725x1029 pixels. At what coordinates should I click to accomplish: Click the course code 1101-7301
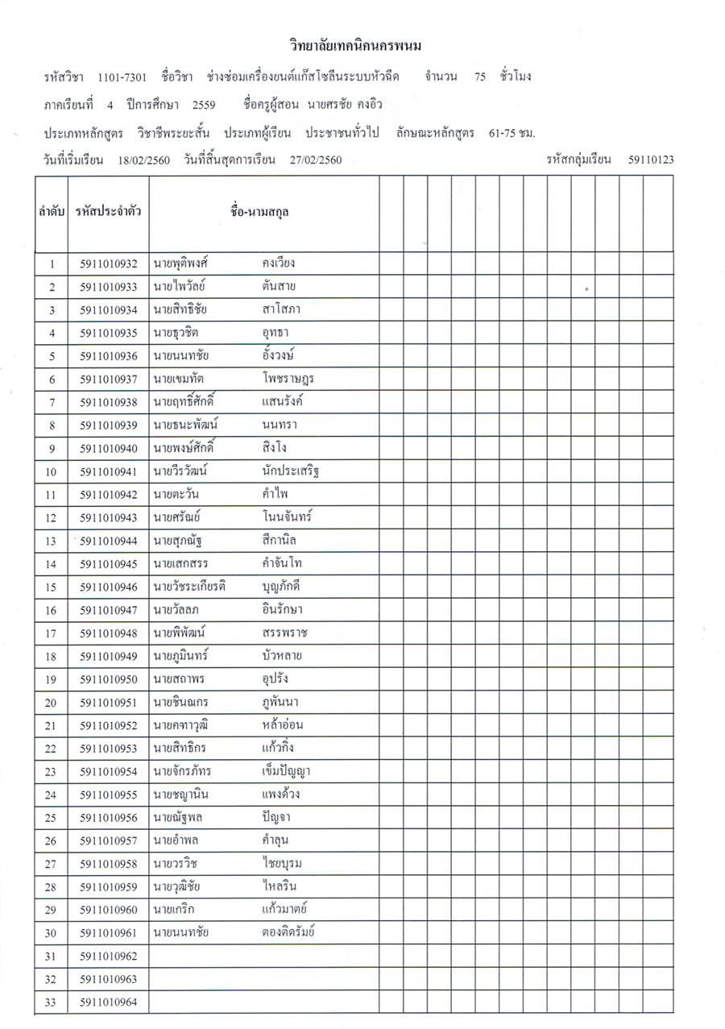(x=122, y=77)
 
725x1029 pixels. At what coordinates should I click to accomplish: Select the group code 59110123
(x=651, y=160)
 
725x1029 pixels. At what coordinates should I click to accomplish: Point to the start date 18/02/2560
(x=143, y=160)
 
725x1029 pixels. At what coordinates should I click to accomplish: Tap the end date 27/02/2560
(x=316, y=160)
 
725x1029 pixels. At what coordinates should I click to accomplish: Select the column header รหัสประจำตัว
(x=109, y=213)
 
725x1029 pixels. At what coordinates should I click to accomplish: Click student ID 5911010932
(x=109, y=263)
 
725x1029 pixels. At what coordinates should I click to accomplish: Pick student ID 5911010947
(x=109, y=610)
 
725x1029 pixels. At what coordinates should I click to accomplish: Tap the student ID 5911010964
(x=109, y=1002)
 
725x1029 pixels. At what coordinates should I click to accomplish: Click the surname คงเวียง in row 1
(x=279, y=263)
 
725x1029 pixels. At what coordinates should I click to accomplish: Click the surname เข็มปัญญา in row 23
(x=286, y=772)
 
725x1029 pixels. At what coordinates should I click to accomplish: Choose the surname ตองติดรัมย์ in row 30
(x=288, y=933)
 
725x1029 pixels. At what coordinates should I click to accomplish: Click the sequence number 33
(x=52, y=1002)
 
